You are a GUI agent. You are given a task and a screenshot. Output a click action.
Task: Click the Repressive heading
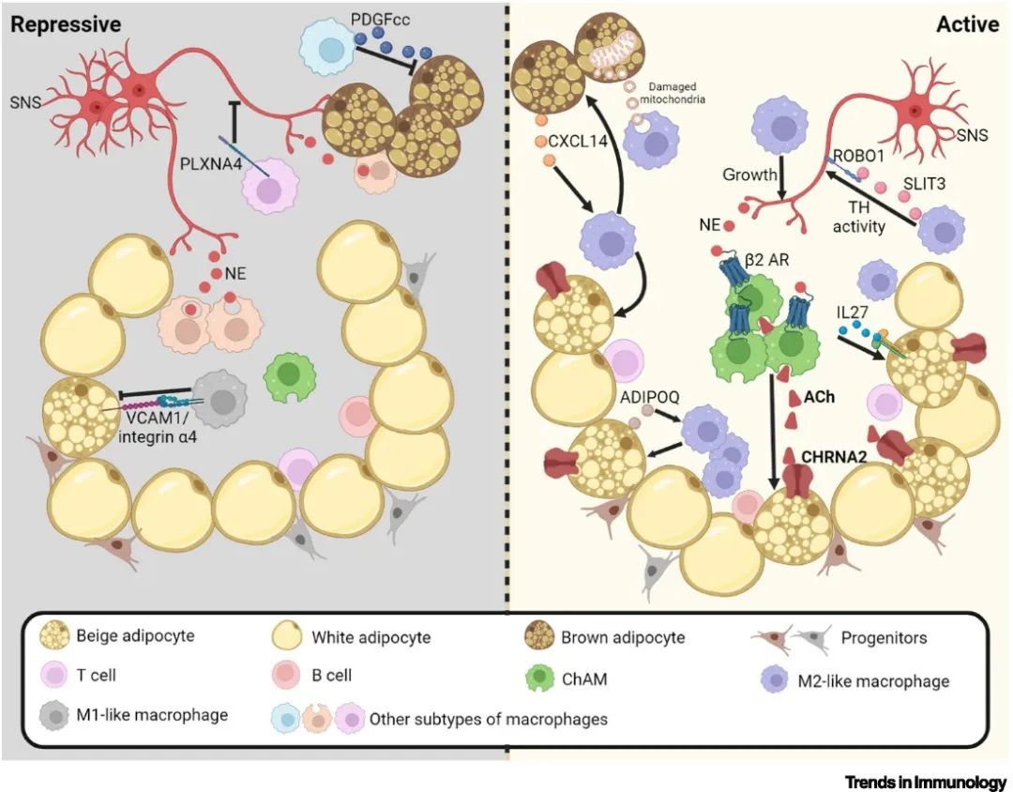tap(65, 23)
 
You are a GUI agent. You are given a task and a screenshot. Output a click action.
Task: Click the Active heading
tap(967, 23)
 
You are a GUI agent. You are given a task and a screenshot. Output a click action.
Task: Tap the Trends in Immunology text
tap(925, 781)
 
